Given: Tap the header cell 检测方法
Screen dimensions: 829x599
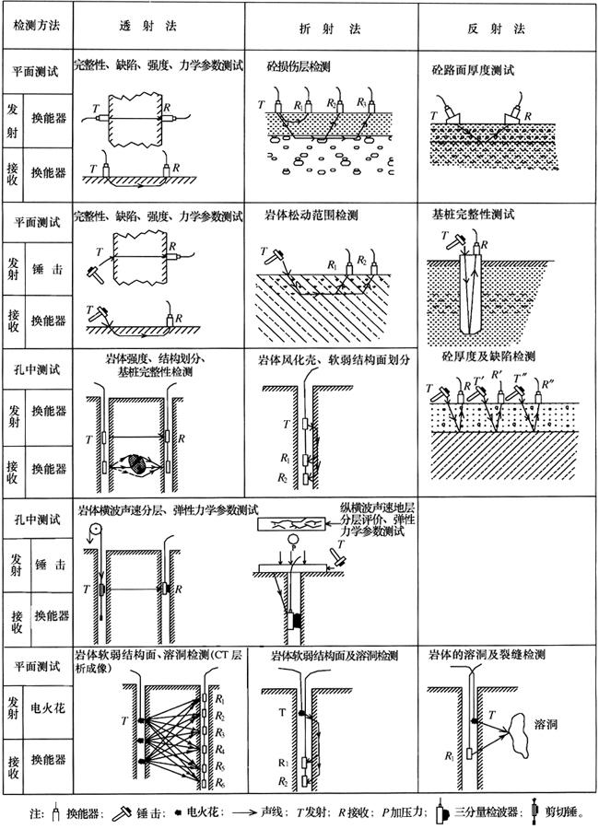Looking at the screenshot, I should point(36,29).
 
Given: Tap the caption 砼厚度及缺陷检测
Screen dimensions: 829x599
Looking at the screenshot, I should point(488,356).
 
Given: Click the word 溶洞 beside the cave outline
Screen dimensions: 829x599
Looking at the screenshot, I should point(548,728).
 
